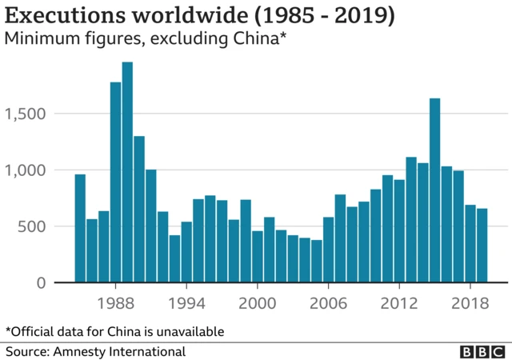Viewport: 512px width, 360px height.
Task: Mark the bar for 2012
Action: (399, 231)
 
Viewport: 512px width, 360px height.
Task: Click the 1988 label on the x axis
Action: (116, 304)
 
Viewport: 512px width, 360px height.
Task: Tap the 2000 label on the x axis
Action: (258, 304)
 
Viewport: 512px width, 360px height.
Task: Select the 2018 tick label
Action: (470, 304)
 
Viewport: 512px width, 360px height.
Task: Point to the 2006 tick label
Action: (329, 304)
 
